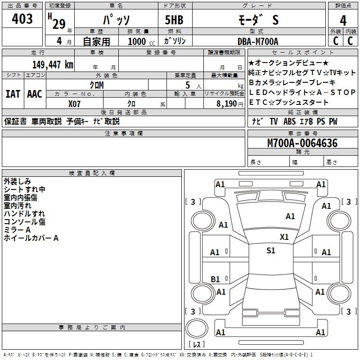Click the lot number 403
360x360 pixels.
point(22,19)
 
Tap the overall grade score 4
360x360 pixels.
point(343,20)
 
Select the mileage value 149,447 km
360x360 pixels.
point(52,65)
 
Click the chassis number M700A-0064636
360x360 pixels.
point(302,144)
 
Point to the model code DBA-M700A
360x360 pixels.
point(258,41)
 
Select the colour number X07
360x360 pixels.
point(75,103)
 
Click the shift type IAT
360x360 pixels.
point(13,94)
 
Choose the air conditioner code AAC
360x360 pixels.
point(35,94)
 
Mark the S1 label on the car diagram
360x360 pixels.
point(270,251)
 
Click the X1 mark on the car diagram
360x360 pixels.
point(284,237)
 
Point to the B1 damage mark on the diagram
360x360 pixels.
point(216,279)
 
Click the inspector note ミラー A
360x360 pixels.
point(18,230)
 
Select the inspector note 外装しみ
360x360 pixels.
point(18,181)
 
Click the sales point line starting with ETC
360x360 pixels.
point(288,102)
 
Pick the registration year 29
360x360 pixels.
point(58,24)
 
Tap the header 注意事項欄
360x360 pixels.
point(123,133)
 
